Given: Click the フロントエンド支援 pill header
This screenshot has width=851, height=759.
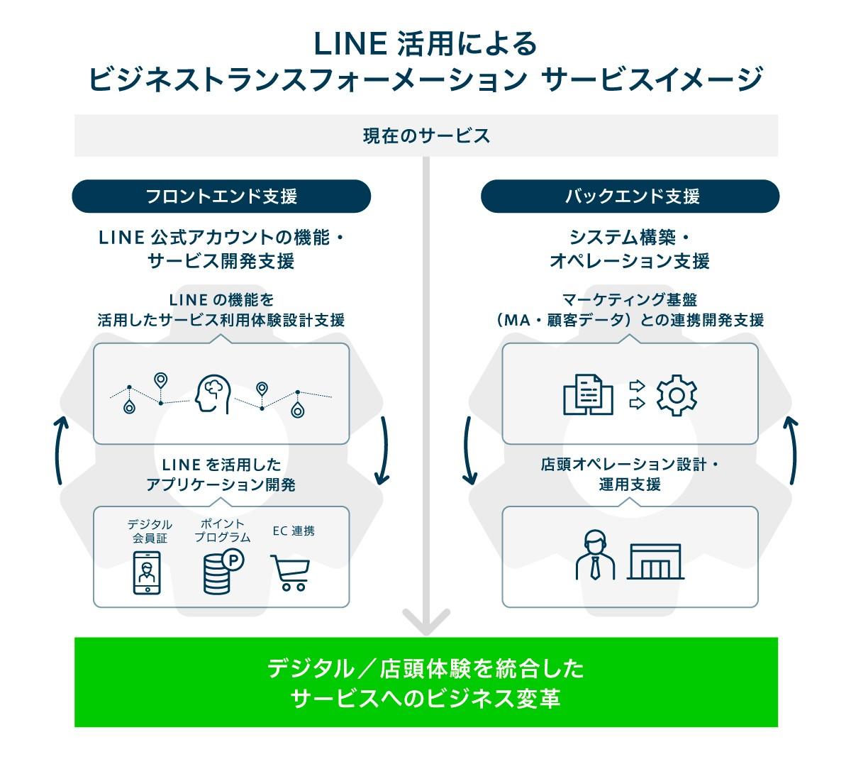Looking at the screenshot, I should pyautogui.click(x=221, y=196).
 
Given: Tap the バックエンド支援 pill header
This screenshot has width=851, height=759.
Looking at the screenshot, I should pyautogui.click(x=630, y=196).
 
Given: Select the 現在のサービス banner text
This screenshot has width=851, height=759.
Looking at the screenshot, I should pyautogui.click(x=426, y=135).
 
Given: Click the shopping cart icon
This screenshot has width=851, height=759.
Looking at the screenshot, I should pyautogui.click(x=290, y=572).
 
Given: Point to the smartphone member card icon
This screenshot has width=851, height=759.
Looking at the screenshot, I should pyautogui.click(x=147, y=572).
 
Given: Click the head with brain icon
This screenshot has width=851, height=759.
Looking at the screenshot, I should pyautogui.click(x=212, y=394).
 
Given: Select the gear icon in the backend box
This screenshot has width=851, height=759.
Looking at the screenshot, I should pyautogui.click(x=677, y=395).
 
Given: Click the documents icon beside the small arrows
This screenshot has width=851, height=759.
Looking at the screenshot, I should pyautogui.click(x=588, y=394).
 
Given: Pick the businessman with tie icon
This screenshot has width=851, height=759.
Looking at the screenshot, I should pyautogui.click(x=596, y=555).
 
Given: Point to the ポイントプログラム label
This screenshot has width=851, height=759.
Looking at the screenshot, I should pyautogui.click(x=222, y=531).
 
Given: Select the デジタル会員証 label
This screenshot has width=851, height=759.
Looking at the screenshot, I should pyautogui.click(x=150, y=531).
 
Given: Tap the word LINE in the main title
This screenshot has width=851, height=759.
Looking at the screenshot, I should pyautogui.click(x=350, y=45).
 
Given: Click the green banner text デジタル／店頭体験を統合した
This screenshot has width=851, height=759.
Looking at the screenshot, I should pyautogui.click(x=425, y=668).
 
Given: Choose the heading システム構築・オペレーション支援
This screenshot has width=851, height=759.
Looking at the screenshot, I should pyautogui.click(x=630, y=248).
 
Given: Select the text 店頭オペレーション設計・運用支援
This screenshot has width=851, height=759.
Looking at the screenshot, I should pyautogui.click(x=630, y=475).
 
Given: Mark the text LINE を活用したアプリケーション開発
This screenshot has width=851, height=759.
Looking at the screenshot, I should pyautogui.click(x=221, y=475).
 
